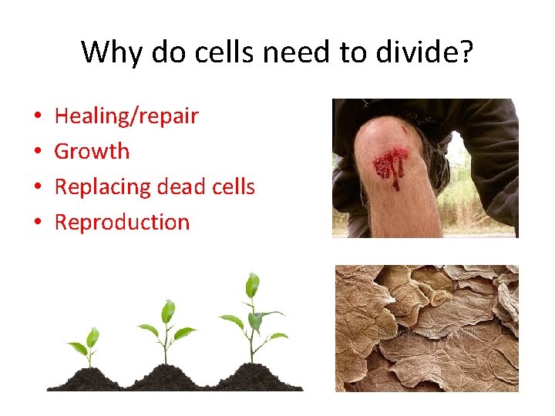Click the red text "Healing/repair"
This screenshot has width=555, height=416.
126,116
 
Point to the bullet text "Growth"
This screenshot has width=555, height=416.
92,152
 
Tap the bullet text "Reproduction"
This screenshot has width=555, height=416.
122,223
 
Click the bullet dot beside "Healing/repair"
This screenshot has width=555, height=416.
38,117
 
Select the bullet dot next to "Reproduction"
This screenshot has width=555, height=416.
38,223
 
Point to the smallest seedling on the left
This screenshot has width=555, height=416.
86,347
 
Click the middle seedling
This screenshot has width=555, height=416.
166,331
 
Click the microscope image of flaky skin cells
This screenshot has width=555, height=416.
426,327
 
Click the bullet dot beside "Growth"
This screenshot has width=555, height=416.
38,153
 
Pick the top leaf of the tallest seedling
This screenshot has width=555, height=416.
251,285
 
